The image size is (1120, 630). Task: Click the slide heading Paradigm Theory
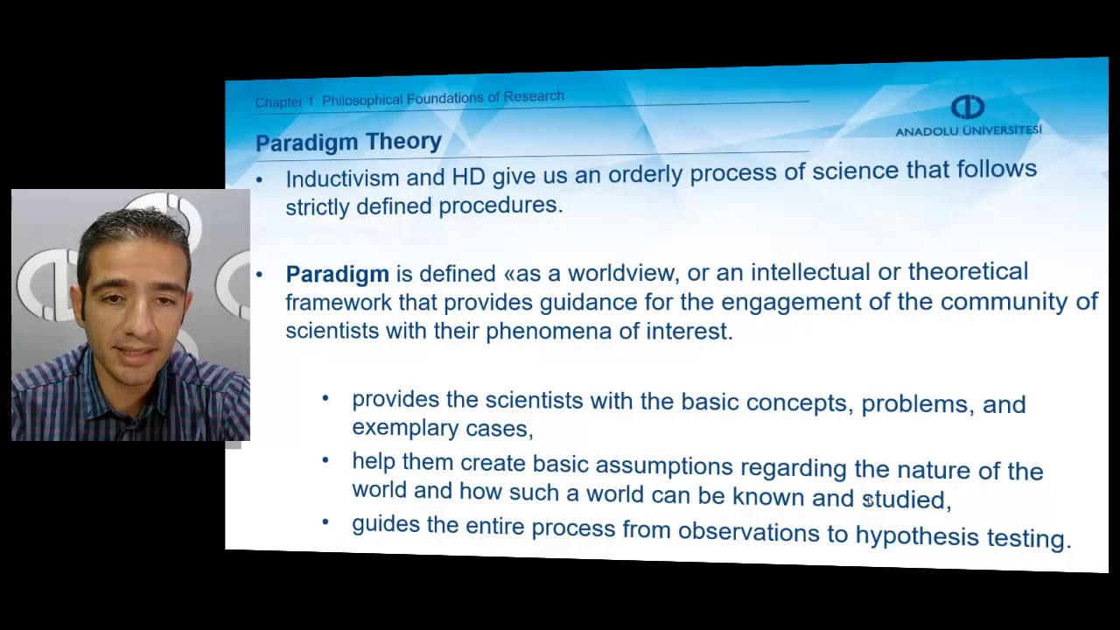(x=348, y=142)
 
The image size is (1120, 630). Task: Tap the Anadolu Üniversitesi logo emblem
(x=967, y=108)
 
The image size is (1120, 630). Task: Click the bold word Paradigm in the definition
(x=337, y=274)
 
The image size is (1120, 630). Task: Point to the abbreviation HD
(x=468, y=177)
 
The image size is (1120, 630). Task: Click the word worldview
(x=621, y=273)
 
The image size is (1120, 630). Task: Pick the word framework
(x=338, y=303)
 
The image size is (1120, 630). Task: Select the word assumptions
(x=663, y=465)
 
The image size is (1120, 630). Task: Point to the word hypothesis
(x=916, y=535)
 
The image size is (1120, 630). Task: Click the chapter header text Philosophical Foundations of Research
(x=443, y=99)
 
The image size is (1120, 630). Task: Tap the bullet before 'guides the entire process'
(x=325, y=523)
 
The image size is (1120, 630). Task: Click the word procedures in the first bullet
(x=499, y=206)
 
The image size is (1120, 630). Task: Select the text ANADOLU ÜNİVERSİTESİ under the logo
(x=968, y=130)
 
